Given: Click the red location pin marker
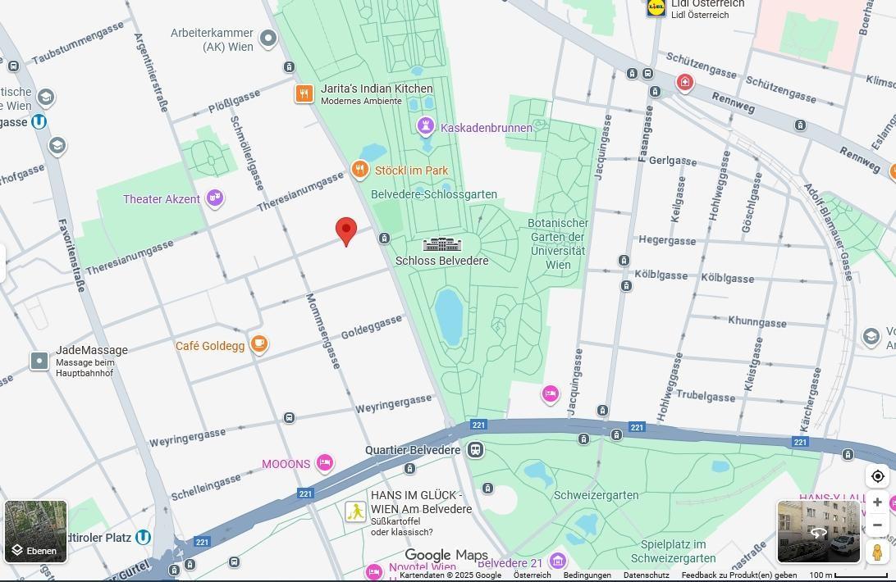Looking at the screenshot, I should (346, 230).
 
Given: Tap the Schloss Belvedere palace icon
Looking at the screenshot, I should (442, 244).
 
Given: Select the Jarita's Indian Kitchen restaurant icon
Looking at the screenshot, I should (304, 94).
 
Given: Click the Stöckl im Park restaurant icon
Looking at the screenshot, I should (359, 170).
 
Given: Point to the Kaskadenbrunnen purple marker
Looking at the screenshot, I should (425, 126).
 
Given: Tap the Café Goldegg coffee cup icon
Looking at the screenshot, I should (259, 344).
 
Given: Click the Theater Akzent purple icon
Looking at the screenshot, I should (215, 198).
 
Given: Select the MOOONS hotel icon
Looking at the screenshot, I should (325, 463).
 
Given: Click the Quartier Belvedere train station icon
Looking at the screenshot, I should (475, 450).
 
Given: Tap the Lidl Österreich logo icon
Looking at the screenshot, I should (656, 7).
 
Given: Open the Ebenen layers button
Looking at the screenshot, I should (35, 531).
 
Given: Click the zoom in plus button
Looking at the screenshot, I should (877, 502).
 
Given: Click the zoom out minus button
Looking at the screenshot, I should (877, 525).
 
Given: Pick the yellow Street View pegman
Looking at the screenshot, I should (877, 552).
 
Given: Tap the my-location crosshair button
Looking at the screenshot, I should (877, 476).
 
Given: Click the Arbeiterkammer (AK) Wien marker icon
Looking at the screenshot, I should (268, 38).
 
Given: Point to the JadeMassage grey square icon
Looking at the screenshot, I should (39, 361).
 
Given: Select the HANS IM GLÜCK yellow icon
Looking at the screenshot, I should (355, 512).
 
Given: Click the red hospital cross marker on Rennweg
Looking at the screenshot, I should (684, 82).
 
